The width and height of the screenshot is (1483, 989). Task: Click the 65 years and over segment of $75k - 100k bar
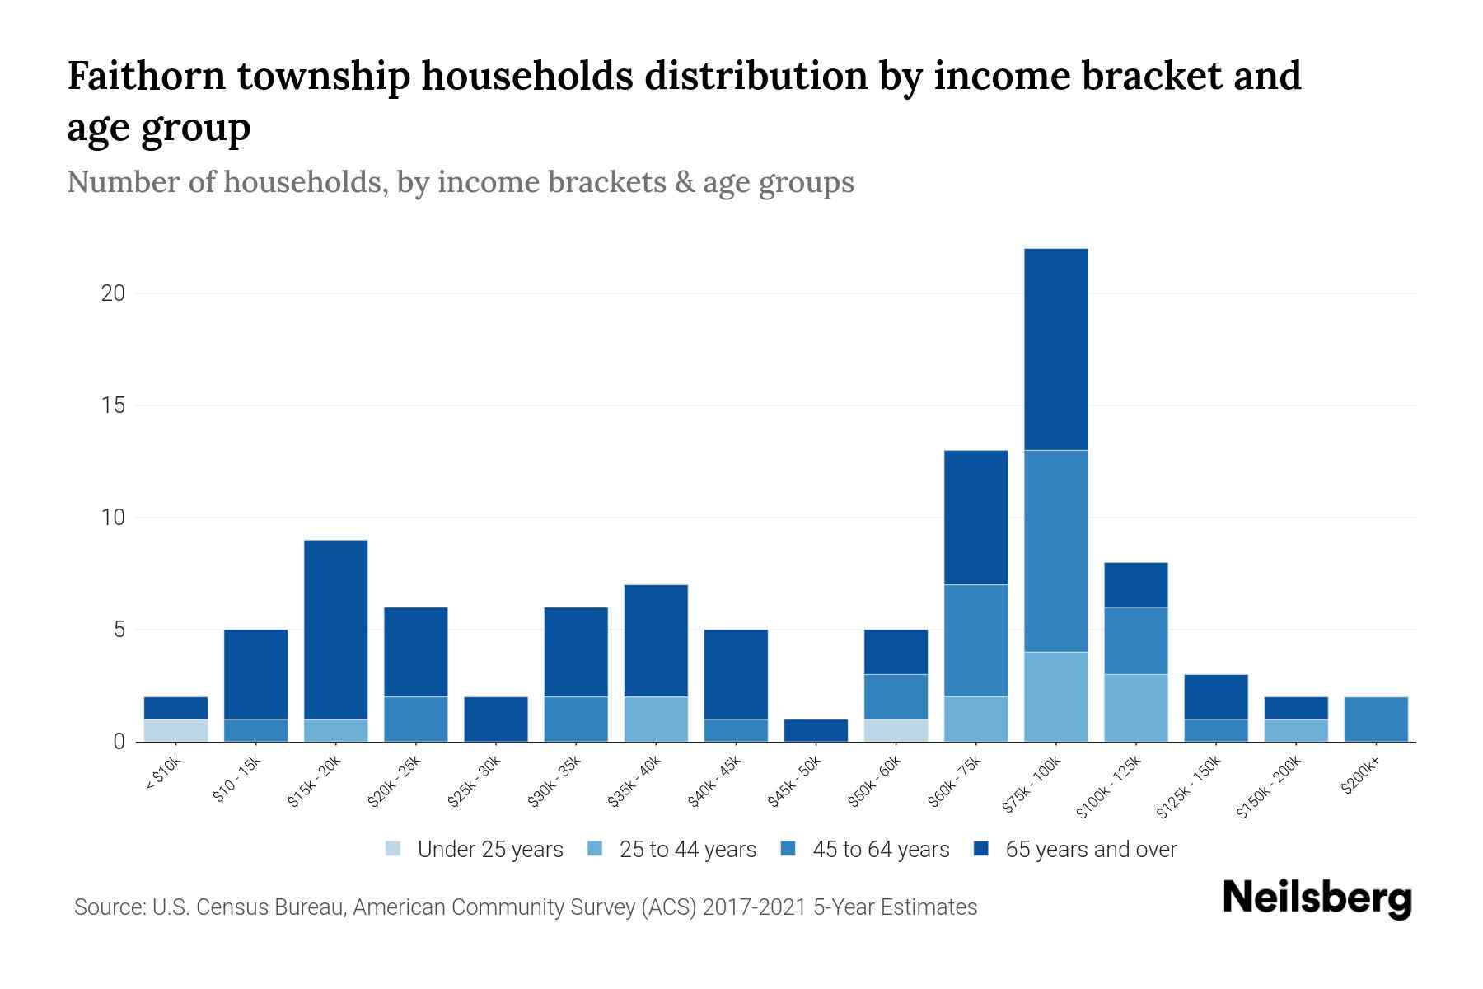coord(1055,349)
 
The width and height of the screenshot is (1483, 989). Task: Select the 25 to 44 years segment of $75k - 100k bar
coord(1055,697)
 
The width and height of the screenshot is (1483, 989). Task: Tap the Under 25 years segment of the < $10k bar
coord(175,731)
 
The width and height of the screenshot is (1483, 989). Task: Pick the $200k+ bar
coord(1375,719)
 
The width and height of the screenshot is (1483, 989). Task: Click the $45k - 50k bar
coord(816,731)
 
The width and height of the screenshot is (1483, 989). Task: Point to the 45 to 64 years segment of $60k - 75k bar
coord(975,641)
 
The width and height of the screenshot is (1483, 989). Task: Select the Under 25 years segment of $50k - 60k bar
coord(896,731)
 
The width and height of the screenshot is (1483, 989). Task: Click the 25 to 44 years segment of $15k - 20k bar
coord(335,731)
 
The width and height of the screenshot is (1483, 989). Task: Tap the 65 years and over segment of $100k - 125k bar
coord(1135,585)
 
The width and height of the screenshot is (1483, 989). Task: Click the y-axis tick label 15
coord(113,405)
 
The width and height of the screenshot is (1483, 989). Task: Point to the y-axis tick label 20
coord(113,293)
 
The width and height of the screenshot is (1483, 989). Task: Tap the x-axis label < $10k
coord(164,776)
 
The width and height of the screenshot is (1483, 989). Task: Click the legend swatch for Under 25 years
coord(394,849)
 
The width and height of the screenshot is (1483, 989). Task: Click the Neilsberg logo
coord(1317,898)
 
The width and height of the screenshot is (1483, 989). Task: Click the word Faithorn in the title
coord(146,77)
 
